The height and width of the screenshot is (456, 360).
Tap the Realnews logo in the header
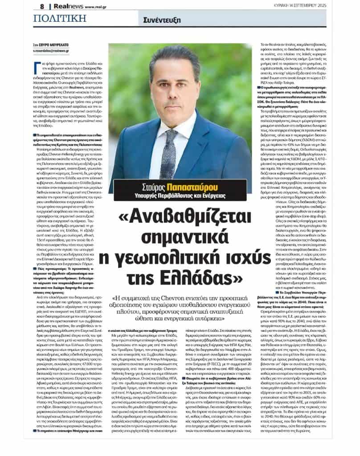[x=66, y=6]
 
